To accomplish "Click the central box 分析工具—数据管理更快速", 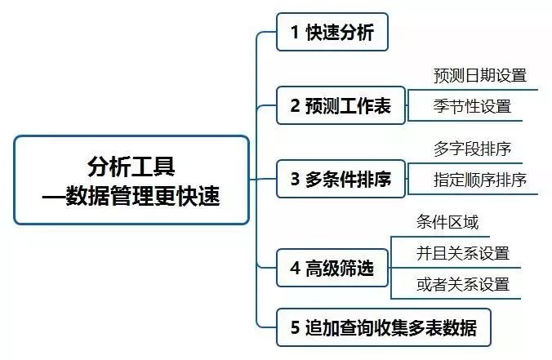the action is click(131, 180).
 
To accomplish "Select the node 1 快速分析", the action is click(331, 33).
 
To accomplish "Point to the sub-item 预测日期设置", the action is click(479, 76).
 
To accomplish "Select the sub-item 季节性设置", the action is click(472, 106).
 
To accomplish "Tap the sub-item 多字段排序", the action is click(472, 149).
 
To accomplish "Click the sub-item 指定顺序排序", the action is click(479, 180).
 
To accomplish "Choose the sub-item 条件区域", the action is click(447, 223).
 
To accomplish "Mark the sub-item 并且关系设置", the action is click(462, 253).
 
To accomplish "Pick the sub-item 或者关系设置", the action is click(462, 283).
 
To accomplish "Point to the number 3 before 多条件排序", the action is click(295, 180).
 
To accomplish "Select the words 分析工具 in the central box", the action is click(131, 166).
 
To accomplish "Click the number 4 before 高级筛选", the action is click(295, 269).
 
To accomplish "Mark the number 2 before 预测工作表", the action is click(295, 105).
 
